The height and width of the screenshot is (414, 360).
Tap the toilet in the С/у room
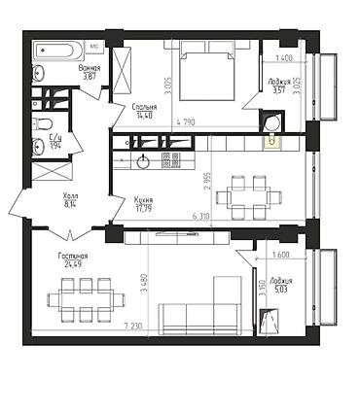pos(42,123)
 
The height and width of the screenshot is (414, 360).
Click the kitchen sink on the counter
pos(143,161)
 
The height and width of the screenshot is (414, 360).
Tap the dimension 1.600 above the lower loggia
pos(281,256)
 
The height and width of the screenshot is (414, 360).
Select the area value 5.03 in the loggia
pos(279,289)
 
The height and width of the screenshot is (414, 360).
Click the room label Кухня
pos(143,199)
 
